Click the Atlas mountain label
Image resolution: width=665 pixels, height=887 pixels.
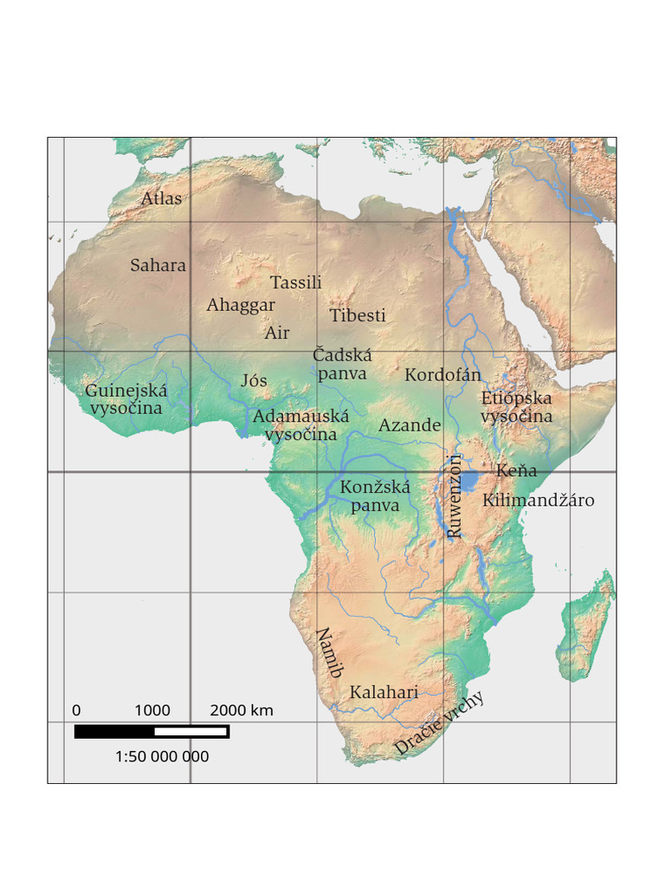[162, 198]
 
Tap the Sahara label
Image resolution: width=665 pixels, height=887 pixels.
[158, 265]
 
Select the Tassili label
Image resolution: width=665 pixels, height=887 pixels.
[295, 282]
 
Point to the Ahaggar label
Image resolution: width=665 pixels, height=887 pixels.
[240, 305]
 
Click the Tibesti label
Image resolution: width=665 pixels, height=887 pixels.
[357, 315]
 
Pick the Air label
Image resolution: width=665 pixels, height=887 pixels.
[277, 333]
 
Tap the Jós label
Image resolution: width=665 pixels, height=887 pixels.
[254, 380]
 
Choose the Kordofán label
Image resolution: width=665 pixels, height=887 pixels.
[442, 375]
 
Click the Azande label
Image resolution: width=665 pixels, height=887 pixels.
[410, 425]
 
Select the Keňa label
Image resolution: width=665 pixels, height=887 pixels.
[516, 471]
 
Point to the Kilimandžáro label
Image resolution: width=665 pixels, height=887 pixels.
[538, 500]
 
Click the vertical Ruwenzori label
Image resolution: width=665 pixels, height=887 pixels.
[455, 496]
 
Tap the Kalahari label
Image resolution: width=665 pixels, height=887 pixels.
[384, 692]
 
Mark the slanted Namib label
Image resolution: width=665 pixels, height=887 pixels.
[329, 652]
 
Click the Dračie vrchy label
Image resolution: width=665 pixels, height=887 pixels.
[439, 724]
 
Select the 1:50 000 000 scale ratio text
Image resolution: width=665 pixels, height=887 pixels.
[162, 756]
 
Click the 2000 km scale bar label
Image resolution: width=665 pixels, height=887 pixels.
[242, 710]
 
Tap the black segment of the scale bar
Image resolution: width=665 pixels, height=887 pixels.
[113, 732]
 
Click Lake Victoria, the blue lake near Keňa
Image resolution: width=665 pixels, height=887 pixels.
[470, 480]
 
